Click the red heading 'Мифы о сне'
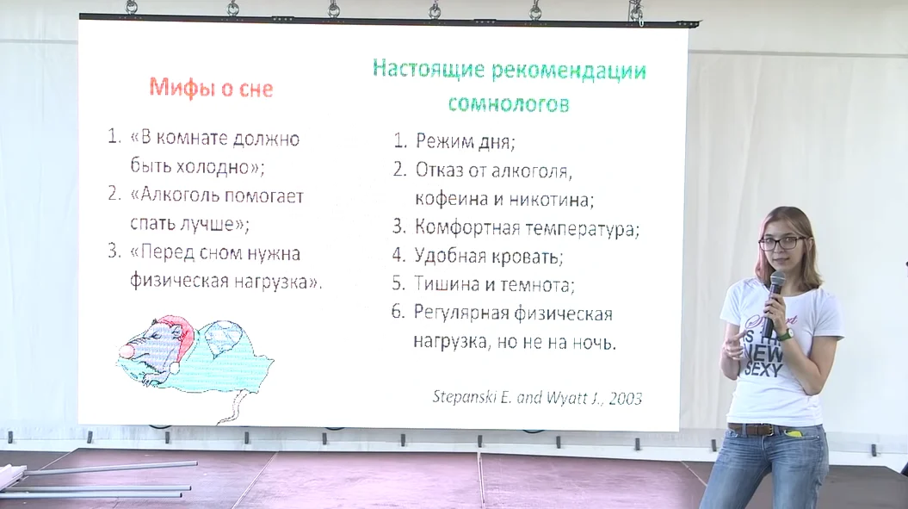(x=211, y=88)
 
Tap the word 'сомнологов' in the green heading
(x=509, y=103)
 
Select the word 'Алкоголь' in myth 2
(x=182, y=196)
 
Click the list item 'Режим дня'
(x=465, y=141)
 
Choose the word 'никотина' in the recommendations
(x=551, y=200)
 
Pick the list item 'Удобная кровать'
(x=489, y=256)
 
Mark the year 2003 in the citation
(x=626, y=398)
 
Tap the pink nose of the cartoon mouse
(x=126, y=351)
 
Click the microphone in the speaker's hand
(x=773, y=302)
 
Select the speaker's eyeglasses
(x=781, y=243)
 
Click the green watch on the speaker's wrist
(x=785, y=334)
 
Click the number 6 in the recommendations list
(x=398, y=312)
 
